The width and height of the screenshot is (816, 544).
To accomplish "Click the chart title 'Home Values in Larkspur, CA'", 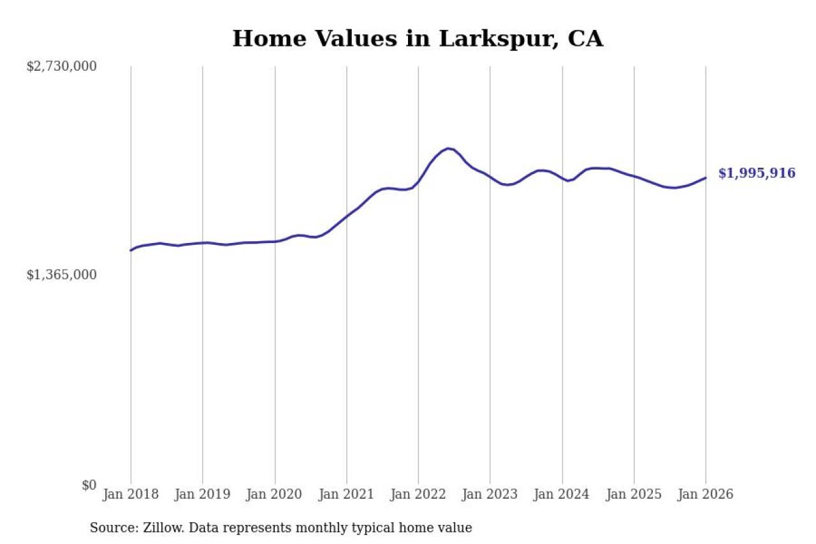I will click(x=418, y=39).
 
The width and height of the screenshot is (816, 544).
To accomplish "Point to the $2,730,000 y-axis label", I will click(x=61, y=66).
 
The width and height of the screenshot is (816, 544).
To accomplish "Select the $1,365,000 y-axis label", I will click(x=61, y=275).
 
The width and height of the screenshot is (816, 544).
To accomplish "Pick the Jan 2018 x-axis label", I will click(x=131, y=495).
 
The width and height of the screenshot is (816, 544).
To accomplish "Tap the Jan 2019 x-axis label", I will click(x=203, y=495).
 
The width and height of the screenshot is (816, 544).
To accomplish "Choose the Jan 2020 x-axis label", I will click(x=275, y=495).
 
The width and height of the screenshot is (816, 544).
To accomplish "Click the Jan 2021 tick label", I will click(x=347, y=495).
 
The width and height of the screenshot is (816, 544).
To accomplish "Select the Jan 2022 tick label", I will click(x=418, y=495).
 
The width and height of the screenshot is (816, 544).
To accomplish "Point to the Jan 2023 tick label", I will click(x=490, y=495).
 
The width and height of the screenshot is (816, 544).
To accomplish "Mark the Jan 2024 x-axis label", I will click(x=562, y=495).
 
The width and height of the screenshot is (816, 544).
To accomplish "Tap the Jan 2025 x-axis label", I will click(x=634, y=495).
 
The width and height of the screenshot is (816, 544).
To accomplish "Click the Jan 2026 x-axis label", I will click(x=706, y=495).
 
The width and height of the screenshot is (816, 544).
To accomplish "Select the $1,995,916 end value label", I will click(x=757, y=173).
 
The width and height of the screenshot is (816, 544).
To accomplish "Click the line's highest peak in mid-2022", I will click(x=449, y=149).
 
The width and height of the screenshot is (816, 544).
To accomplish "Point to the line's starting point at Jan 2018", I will click(x=131, y=250).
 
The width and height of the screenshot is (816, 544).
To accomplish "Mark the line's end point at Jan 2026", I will click(x=706, y=178).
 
